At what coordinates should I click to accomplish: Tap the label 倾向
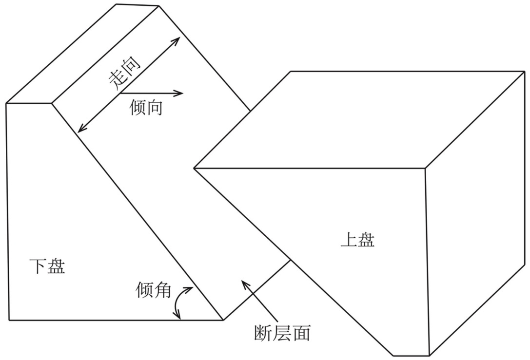point(146,107)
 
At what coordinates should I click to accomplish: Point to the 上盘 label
point(357,240)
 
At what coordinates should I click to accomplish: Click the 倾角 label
point(153,291)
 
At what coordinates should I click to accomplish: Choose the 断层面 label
point(282,333)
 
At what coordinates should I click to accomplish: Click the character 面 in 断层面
point(300,333)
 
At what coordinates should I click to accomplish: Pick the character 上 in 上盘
point(348,240)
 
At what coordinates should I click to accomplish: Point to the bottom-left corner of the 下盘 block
point(9,320)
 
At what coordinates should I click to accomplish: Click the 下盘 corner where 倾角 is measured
point(223,320)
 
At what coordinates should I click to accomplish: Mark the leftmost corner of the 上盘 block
point(194,168)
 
